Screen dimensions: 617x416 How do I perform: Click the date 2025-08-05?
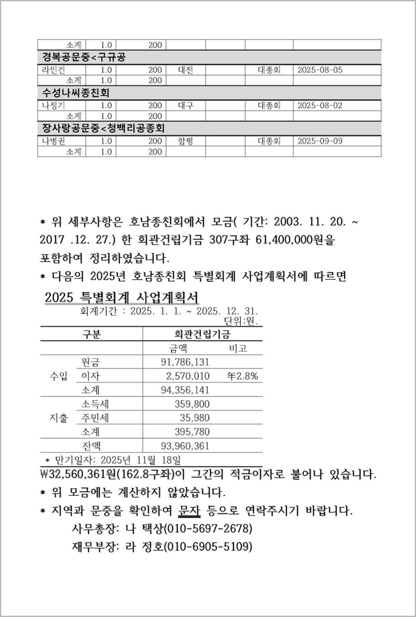(320, 70)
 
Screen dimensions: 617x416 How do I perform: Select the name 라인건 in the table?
(54, 70)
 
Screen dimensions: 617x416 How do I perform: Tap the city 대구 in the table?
(185, 106)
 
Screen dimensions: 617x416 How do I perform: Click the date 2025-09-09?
(320, 141)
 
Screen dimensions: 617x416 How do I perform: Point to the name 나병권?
(54, 141)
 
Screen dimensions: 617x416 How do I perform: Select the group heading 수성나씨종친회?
(76, 93)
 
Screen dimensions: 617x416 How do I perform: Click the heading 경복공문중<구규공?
(84, 57)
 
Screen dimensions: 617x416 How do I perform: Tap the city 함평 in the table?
(185, 141)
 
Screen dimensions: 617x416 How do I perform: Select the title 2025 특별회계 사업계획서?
(122, 297)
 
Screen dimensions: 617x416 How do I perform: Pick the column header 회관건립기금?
(202, 334)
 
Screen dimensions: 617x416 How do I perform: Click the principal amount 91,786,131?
(185, 362)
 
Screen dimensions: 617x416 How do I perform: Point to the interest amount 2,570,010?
(188, 376)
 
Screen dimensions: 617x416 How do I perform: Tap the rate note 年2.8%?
(242, 376)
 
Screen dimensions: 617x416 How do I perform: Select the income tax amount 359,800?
(192, 404)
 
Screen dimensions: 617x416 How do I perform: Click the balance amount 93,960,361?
(185, 446)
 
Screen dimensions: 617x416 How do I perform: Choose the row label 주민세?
(95, 418)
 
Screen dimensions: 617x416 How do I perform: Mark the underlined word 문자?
(189, 511)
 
